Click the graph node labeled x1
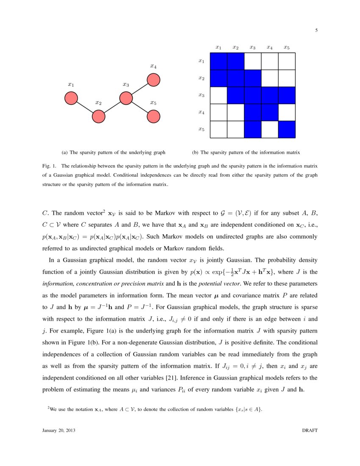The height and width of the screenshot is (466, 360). click(x=71, y=98)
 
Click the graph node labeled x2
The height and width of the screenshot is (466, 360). click(x=99, y=116)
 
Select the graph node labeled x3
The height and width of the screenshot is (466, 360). click(x=126, y=98)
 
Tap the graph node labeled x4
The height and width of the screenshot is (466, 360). click(x=153, y=80)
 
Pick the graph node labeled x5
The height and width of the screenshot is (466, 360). click(x=153, y=116)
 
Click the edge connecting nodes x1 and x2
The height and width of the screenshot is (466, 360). click(x=85, y=107)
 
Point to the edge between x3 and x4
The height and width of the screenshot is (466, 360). click(x=140, y=89)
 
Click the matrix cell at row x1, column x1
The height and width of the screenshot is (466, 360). click(x=219, y=61)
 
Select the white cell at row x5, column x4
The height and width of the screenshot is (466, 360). click(x=269, y=129)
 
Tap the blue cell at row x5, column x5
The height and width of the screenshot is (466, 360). click(x=286, y=129)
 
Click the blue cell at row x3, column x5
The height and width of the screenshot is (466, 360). click(x=286, y=95)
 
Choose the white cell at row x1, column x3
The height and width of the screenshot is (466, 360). click(x=252, y=61)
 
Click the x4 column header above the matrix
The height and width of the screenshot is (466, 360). click(x=269, y=47)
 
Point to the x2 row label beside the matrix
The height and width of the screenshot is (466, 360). click(x=202, y=78)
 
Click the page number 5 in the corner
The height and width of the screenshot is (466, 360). click(x=316, y=30)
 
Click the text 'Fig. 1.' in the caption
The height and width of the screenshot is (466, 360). click(x=49, y=166)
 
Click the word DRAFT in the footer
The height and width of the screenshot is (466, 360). click(x=309, y=430)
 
